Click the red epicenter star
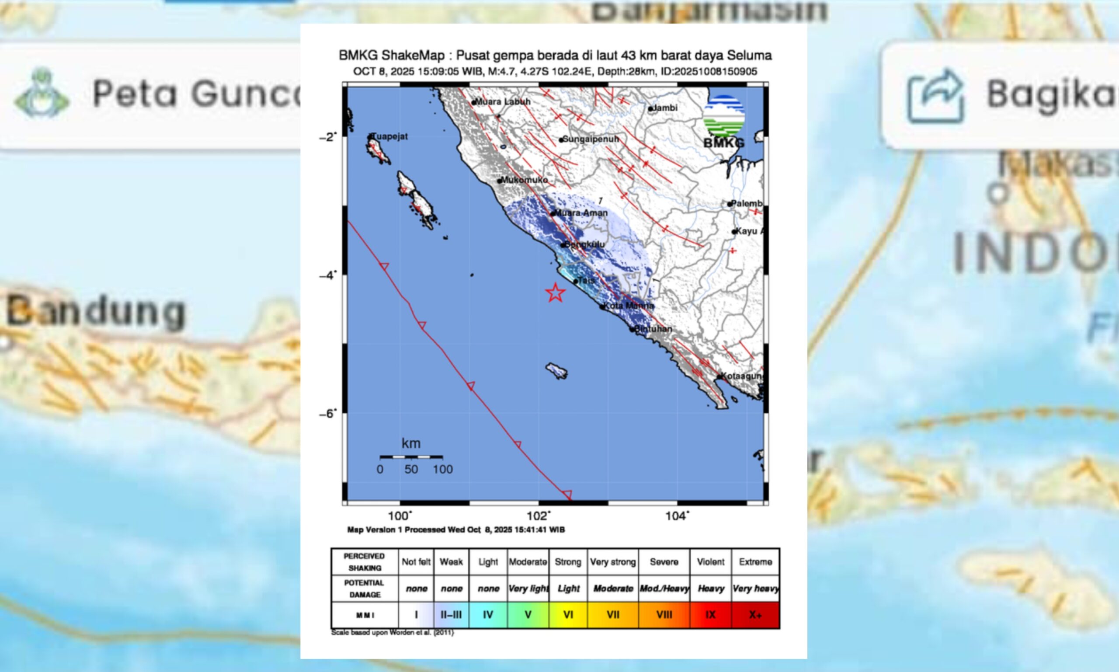555,292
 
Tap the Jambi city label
664,108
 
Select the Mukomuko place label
524,180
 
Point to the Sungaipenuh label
590,139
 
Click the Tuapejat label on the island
390,136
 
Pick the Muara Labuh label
503,101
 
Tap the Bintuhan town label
653,329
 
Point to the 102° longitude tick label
538,516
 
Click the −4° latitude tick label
327,275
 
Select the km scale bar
411,457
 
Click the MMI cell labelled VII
613,614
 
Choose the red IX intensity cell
710,614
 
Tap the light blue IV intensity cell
487,614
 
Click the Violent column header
710,561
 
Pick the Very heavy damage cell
755,588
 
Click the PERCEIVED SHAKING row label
365,561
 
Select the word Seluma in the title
749,55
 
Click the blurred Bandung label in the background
96,312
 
